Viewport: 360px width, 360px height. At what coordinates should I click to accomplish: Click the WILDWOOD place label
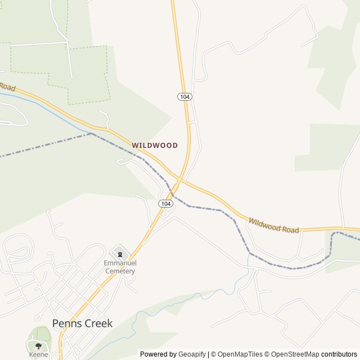pyautogui.click(x=155, y=145)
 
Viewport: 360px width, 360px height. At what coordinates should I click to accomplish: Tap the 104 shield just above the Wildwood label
pyautogui.click(x=185, y=97)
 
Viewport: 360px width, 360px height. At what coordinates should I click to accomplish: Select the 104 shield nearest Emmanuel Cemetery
pyautogui.click(x=165, y=203)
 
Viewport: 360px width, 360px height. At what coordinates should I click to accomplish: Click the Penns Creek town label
pyautogui.click(x=82, y=323)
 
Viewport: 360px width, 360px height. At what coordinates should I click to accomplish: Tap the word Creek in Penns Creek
pyautogui.click(x=96, y=323)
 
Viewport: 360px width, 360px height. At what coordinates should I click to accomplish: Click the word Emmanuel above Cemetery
pyautogui.click(x=120, y=263)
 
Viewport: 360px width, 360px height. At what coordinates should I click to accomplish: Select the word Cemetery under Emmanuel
pyautogui.click(x=120, y=271)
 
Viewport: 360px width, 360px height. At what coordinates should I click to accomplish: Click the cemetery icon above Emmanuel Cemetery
pyautogui.click(x=119, y=254)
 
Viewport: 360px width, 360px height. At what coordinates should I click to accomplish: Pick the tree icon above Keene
pyautogui.click(x=38, y=345)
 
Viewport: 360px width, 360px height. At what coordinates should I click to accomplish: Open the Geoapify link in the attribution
pyautogui.click(x=192, y=354)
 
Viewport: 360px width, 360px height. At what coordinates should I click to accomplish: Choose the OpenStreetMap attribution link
pyautogui.click(x=293, y=354)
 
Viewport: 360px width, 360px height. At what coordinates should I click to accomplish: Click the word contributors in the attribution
pyautogui.click(x=339, y=354)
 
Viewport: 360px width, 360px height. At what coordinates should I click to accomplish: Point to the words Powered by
pyautogui.click(x=158, y=354)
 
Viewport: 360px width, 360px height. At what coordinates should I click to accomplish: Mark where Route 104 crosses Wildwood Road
pyautogui.click(x=179, y=179)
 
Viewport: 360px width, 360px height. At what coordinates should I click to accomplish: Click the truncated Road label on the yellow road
pyautogui.click(x=7, y=87)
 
